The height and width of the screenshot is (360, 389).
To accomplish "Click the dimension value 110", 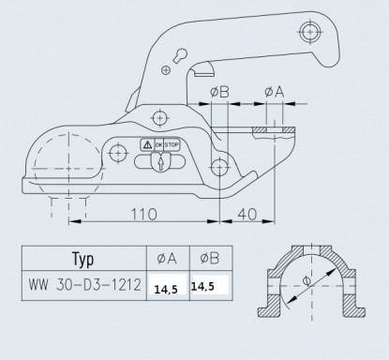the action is [143, 214].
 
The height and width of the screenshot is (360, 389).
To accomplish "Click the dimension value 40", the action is [247, 214].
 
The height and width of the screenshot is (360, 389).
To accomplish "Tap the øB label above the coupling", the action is [219, 92].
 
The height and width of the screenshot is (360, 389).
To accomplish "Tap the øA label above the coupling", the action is [274, 92].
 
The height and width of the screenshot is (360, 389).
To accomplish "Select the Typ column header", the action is [83, 259].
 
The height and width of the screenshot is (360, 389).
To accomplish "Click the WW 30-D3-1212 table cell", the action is [84, 285].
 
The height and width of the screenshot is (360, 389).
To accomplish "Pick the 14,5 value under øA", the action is [166, 290].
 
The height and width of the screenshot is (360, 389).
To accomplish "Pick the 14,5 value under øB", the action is [202, 286].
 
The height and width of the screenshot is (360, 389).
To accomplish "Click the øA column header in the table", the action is [167, 259].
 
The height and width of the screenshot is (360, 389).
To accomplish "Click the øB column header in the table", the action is [209, 258].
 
